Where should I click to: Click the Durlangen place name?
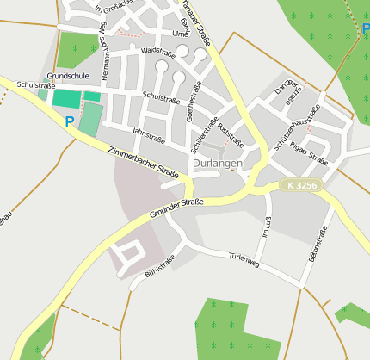pos(218,163)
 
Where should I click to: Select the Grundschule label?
pos(68,76)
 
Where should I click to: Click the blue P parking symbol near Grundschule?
pos(70,122)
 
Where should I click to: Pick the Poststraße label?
pos(231,134)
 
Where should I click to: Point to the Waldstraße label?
pos(157,53)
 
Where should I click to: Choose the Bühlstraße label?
pos(160,266)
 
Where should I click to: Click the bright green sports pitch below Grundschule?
pos(66,98)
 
